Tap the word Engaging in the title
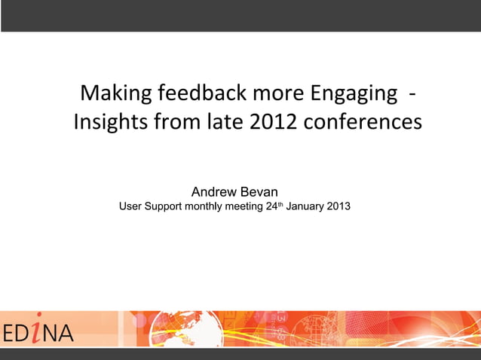point(354,96)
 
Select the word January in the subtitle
point(305,206)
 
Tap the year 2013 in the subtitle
point(338,206)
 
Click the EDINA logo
point(38,331)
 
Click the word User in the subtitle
point(132,206)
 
